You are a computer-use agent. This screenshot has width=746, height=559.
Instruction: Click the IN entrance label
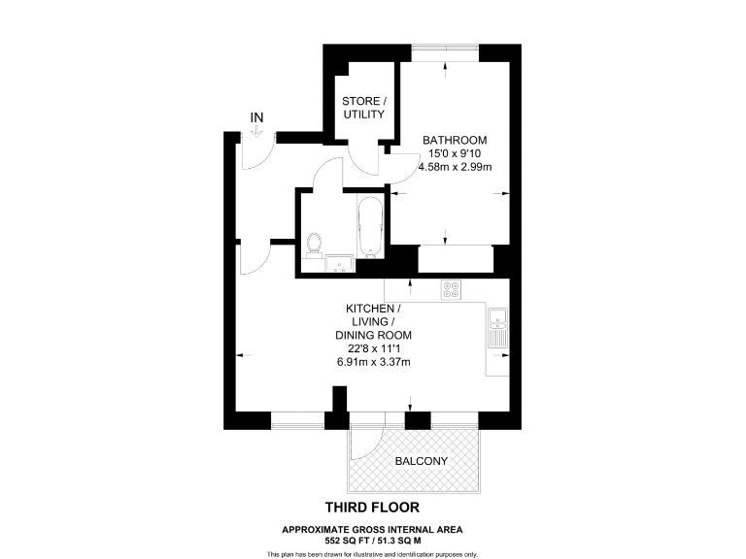pos(256,117)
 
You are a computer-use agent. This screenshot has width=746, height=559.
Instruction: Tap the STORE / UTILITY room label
pos(363,108)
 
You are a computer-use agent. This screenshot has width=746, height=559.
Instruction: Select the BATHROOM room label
pos(454,140)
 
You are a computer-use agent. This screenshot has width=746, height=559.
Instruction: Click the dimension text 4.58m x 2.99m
pos(454,167)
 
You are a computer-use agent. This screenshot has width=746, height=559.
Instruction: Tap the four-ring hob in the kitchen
pos(452,288)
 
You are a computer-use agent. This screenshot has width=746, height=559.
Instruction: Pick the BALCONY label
pos(421,462)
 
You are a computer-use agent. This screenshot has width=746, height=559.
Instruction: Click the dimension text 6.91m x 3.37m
pos(374,363)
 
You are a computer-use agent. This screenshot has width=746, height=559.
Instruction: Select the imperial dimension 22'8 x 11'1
pos(374,349)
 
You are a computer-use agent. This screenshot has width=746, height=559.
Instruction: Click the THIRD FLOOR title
pos(373,507)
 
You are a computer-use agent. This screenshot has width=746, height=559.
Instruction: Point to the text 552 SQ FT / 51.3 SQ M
pos(373,540)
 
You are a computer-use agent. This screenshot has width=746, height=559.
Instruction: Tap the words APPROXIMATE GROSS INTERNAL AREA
pos(373,529)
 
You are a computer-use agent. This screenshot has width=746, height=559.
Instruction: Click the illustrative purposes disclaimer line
pos(373,554)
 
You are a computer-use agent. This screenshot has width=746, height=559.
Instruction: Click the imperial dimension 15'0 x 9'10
pos(454,153)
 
